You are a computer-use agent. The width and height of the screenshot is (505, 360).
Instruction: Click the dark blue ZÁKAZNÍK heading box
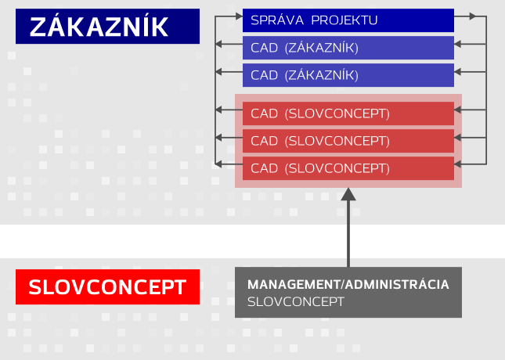(107, 26)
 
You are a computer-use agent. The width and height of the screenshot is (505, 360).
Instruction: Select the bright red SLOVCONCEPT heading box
(107, 286)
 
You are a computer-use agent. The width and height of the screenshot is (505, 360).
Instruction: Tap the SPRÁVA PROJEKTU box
(348, 20)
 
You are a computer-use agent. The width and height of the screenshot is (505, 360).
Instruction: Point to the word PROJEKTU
(344, 20)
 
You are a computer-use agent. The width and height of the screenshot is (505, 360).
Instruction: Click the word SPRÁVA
(277, 20)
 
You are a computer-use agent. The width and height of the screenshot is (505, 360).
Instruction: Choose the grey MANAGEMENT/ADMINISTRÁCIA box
(348, 292)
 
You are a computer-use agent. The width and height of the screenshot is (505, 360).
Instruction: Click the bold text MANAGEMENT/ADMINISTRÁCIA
(348, 284)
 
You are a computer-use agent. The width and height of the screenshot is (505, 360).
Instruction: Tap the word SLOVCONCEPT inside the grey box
(296, 302)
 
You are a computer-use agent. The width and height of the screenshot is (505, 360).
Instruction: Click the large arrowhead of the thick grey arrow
(348, 194)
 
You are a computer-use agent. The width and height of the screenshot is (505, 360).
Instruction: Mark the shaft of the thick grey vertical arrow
(348, 234)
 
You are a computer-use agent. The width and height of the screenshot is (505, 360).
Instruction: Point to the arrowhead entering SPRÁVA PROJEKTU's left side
(239, 16)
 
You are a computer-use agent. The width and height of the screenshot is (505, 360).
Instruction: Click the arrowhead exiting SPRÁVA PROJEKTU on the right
(472, 16)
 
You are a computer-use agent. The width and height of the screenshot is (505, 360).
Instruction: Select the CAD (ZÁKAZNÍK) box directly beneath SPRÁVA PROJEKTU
(348, 48)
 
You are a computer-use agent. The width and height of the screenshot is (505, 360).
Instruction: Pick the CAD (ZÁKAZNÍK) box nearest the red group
(348, 75)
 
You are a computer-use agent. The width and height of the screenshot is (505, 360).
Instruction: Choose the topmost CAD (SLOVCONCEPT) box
(348, 113)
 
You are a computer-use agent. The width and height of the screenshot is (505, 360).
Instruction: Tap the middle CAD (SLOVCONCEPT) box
(348, 141)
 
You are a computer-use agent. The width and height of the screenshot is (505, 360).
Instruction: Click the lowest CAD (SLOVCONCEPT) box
(348, 168)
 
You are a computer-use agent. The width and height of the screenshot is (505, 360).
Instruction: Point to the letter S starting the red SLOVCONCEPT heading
(35, 287)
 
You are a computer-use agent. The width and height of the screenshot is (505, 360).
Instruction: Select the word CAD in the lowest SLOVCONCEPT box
(264, 168)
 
